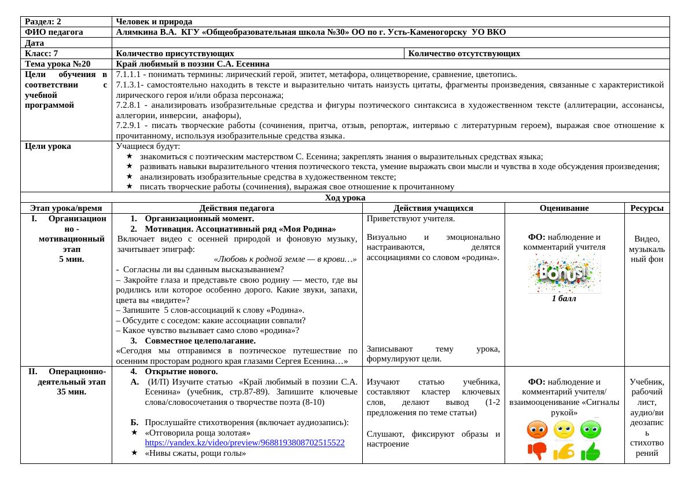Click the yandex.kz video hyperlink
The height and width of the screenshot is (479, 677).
pos(244,443)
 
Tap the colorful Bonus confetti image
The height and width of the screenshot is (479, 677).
pos(564,273)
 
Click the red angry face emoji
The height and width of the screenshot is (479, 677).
pos(537,430)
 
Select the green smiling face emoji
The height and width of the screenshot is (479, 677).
pos(591,430)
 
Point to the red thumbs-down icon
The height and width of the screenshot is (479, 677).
pos(537,451)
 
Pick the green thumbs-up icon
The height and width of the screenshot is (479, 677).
pos(591,451)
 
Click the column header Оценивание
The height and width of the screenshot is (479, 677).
pos(564,209)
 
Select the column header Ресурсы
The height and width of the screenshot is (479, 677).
pos(646,209)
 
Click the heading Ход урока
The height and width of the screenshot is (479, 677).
pos(345,198)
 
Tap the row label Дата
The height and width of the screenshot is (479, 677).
pos(35,43)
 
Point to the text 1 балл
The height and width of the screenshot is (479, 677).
pos(564,299)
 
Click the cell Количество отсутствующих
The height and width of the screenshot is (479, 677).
pos(464,54)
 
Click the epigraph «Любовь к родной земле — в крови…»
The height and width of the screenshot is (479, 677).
pos(285,259)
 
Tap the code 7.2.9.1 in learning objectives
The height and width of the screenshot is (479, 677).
pos(128,126)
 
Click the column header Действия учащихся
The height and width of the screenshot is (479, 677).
pos(433,209)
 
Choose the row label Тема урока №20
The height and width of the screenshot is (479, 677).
pos(58,64)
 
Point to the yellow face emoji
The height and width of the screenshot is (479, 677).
pos(564,430)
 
